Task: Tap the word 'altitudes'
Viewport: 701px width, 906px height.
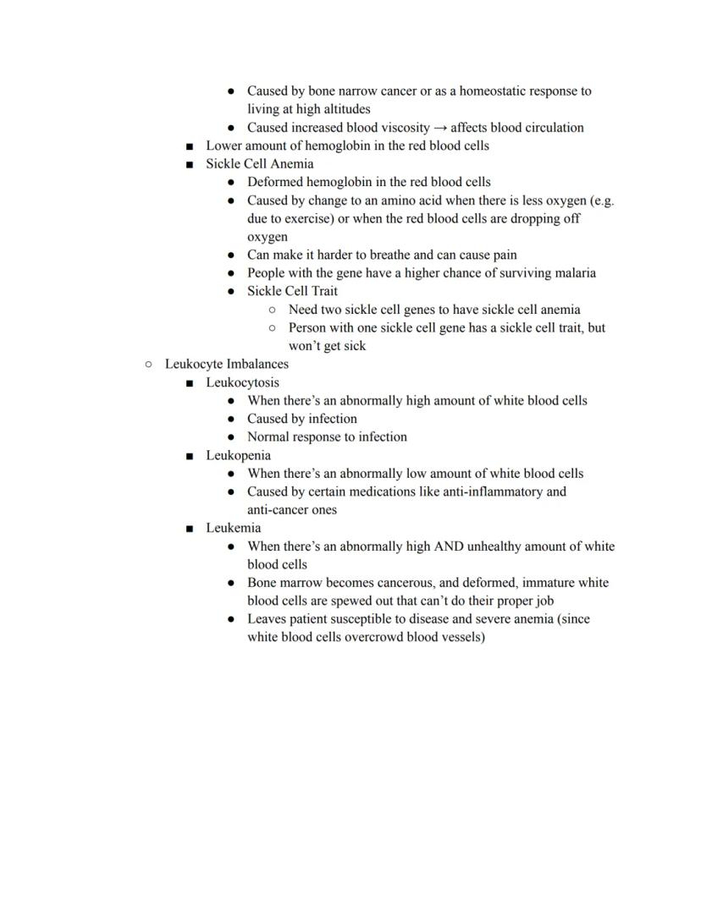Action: click(x=344, y=109)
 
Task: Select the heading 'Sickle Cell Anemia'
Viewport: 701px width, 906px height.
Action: click(x=259, y=164)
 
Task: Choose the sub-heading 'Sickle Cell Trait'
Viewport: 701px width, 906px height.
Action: click(x=292, y=291)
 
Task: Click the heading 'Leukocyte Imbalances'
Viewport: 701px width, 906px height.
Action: click(x=226, y=365)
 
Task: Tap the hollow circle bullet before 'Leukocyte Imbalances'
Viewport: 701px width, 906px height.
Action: click(x=148, y=365)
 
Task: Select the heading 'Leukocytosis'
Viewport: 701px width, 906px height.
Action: click(x=242, y=382)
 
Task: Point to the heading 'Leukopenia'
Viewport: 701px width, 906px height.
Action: click(x=238, y=455)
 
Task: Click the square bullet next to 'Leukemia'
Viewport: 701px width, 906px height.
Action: click(x=190, y=529)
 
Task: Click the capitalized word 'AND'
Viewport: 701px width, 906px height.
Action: click(x=447, y=546)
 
